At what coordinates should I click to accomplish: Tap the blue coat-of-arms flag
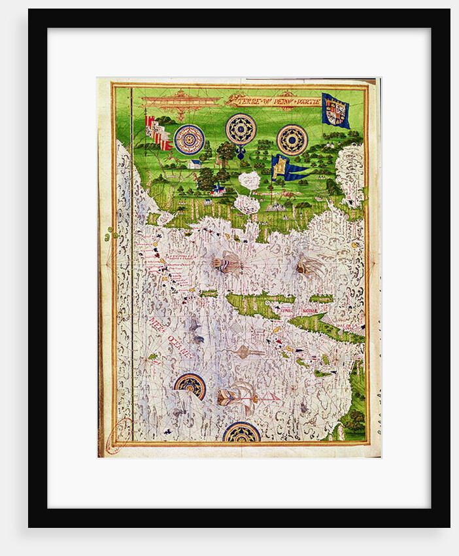tap(336, 110)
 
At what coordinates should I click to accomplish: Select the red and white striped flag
tap(158, 133)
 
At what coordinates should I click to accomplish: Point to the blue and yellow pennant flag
tap(288, 168)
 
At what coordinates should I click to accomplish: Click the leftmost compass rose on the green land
tap(189, 139)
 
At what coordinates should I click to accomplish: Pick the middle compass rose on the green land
tap(241, 129)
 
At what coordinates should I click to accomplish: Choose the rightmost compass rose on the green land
tap(292, 139)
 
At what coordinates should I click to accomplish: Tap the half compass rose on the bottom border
tap(241, 432)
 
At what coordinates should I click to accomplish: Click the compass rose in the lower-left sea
tap(190, 386)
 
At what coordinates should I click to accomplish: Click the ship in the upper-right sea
tap(309, 266)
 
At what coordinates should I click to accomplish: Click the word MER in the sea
tap(160, 327)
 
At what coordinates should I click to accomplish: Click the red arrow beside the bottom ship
tap(267, 396)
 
